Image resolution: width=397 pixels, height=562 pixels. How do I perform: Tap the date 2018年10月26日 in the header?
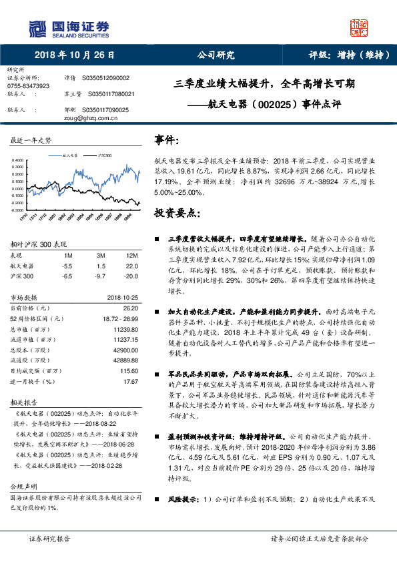click(75, 55)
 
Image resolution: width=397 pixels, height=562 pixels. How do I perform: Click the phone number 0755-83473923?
click(27, 86)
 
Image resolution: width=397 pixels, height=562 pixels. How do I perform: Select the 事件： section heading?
click(167, 140)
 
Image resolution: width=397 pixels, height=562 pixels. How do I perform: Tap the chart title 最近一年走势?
click(31, 141)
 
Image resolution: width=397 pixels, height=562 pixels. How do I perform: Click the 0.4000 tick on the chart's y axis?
click(19, 160)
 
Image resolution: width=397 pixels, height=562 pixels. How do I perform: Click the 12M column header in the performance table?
click(131, 256)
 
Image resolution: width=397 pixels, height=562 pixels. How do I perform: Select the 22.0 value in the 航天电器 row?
click(131, 265)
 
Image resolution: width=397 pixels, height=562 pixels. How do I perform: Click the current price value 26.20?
click(131, 308)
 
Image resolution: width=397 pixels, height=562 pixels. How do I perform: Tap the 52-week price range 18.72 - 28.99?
click(120, 320)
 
